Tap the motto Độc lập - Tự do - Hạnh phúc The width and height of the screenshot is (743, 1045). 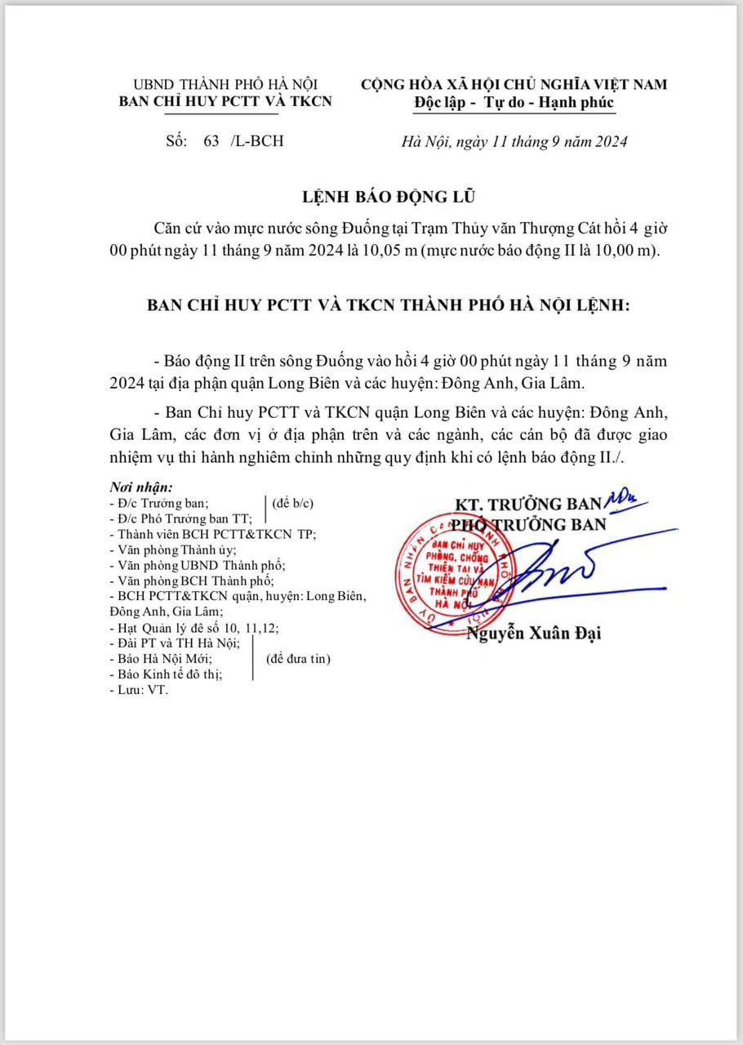514,103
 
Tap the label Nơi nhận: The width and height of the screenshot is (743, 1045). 141,487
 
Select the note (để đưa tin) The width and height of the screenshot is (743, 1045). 299,658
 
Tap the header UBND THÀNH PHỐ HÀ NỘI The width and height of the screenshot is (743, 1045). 225,84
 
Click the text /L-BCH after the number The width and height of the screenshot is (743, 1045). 257,140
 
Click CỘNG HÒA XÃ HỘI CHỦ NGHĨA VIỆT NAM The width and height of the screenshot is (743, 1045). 514,84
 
